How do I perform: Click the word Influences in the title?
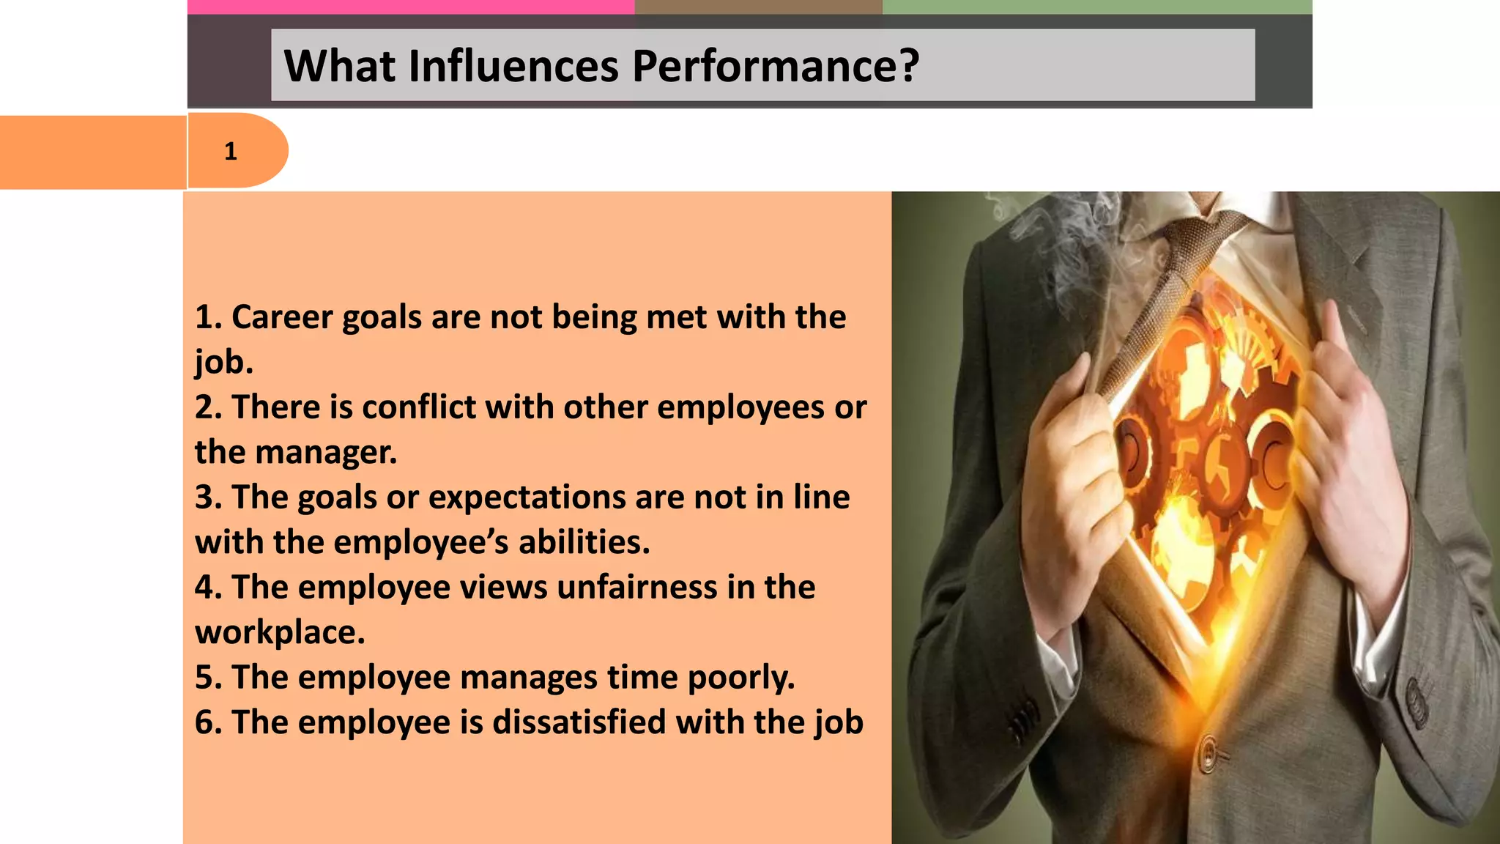513,66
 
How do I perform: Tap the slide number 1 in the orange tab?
231,152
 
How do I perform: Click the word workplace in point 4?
279,633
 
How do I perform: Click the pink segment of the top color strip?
410,7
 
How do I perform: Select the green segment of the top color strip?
1096,7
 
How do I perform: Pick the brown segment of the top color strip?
758,7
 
